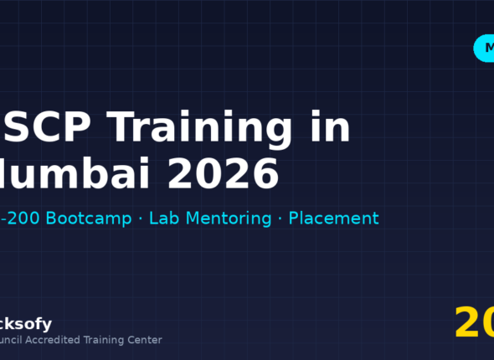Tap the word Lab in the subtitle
165,219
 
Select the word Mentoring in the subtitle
227,219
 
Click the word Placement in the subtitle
333,219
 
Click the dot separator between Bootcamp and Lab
140,219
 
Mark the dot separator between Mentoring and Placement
280,219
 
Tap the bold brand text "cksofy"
26,324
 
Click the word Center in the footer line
143,340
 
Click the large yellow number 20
474,323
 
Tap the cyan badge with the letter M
484,49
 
